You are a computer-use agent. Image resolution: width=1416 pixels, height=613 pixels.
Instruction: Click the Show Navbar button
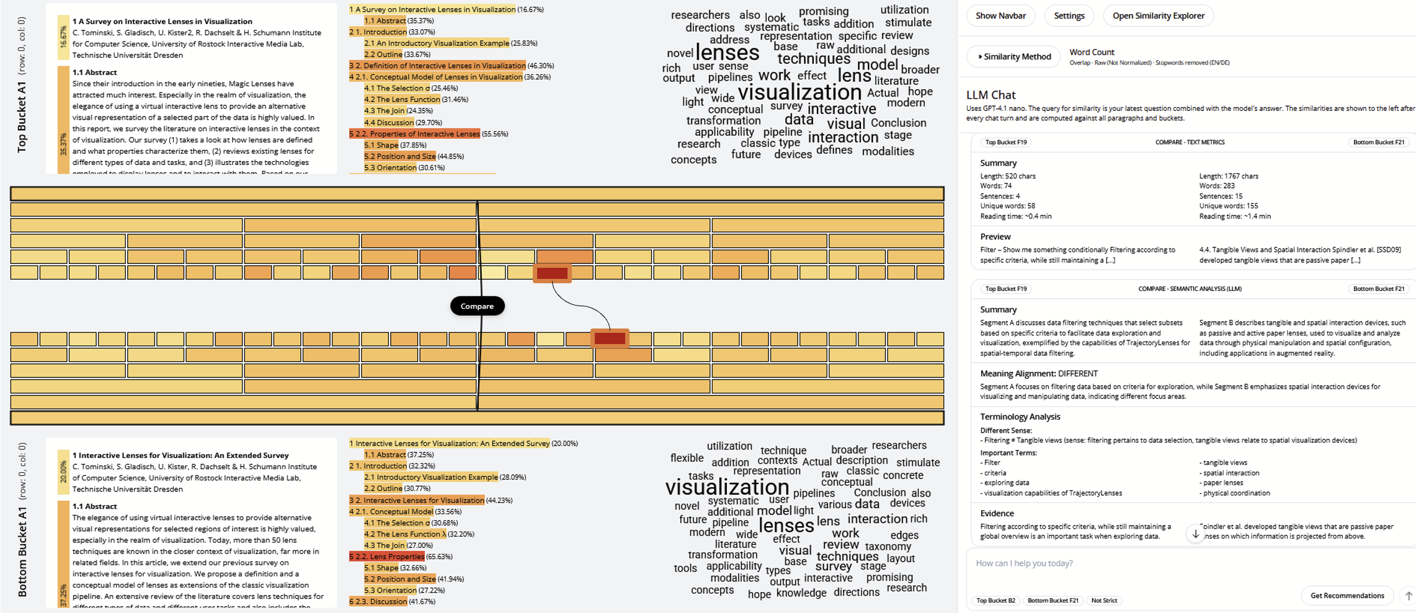[x=1000, y=15]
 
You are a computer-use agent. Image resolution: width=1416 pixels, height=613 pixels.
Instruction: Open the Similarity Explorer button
[x=1158, y=15]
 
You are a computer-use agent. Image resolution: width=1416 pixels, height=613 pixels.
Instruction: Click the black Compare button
[x=477, y=306]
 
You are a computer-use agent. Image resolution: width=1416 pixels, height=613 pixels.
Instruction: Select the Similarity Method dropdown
[x=1014, y=56]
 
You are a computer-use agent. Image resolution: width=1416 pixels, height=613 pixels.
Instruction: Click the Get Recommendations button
[x=1347, y=596]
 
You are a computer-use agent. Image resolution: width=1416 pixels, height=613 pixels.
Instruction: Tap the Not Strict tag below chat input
[x=1104, y=601]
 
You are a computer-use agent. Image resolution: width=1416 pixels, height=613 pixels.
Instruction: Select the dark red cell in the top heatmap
[x=552, y=273]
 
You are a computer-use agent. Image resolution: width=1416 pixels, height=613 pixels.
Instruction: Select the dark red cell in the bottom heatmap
[x=610, y=338]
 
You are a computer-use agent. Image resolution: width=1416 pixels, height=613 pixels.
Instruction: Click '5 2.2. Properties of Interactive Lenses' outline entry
[x=414, y=134]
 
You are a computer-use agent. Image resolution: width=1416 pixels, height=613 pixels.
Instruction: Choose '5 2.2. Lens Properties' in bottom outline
[x=387, y=557]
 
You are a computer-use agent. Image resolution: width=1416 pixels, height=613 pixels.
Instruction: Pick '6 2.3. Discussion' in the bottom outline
[x=378, y=601]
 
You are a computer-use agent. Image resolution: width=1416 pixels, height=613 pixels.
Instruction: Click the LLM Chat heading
[x=991, y=95]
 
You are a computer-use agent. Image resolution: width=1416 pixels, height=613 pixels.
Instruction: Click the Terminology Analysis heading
[x=1020, y=417]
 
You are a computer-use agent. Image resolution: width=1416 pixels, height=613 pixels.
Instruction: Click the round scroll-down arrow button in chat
[x=1195, y=534]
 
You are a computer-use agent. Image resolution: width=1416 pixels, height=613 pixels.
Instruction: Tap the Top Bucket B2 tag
[x=995, y=601]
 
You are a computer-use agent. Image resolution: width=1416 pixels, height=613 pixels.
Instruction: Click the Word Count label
[x=1092, y=52]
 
